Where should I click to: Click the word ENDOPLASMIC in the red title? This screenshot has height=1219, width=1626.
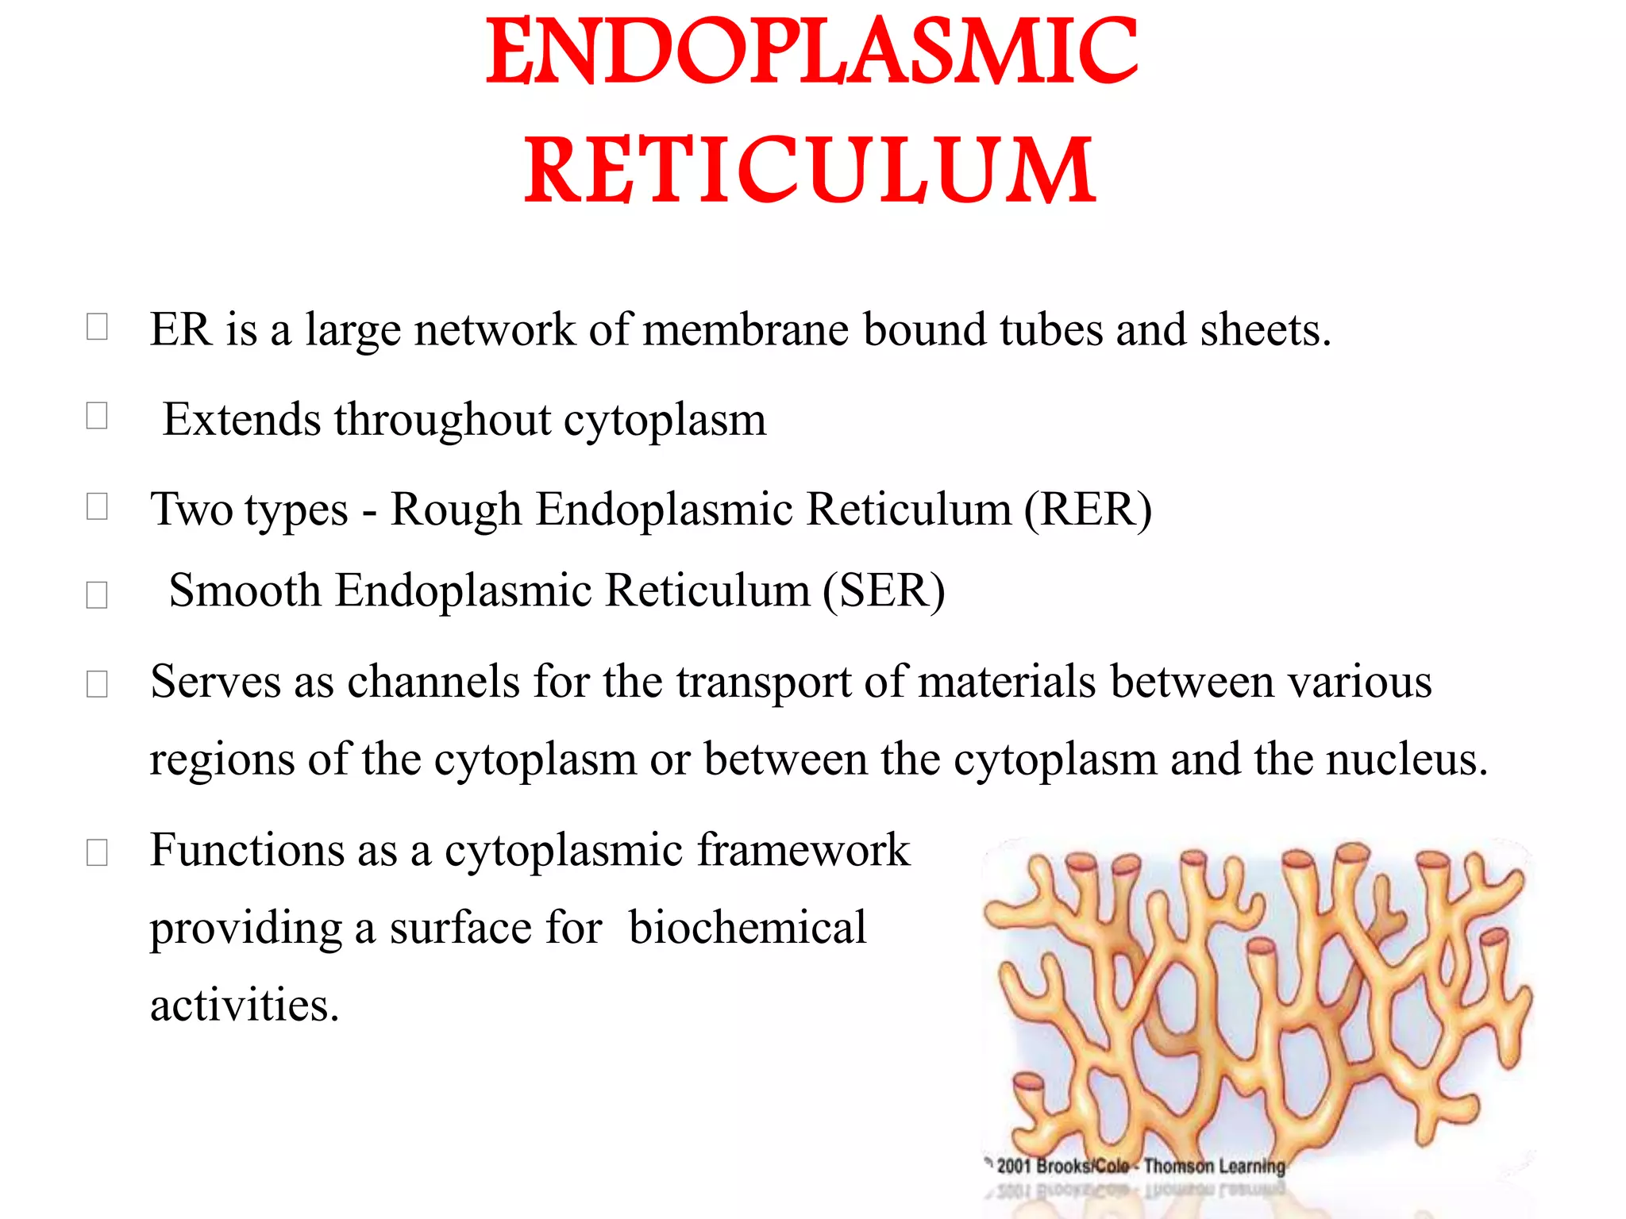[x=811, y=52]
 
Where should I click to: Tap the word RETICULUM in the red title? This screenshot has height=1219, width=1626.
[x=810, y=170]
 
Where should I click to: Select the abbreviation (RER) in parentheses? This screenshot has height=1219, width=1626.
[x=1087, y=510]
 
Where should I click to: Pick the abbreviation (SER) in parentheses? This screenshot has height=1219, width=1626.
[x=884, y=591]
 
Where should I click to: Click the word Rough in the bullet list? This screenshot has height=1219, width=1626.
[x=456, y=510]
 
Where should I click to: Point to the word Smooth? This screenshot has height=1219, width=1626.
[x=245, y=591]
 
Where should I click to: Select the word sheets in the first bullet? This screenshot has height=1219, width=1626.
[x=1265, y=330]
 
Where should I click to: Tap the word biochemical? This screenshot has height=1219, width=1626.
[x=747, y=927]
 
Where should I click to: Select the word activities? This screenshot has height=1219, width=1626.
[x=245, y=1006]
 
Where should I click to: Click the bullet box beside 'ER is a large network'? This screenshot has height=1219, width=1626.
[x=97, y=326]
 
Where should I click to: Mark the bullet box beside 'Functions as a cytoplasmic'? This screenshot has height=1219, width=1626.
[x=97, y=852]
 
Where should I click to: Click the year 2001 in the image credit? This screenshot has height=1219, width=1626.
[x=1014, y=1166]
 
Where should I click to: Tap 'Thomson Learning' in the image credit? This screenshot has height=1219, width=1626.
[x=1214, y=1166]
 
